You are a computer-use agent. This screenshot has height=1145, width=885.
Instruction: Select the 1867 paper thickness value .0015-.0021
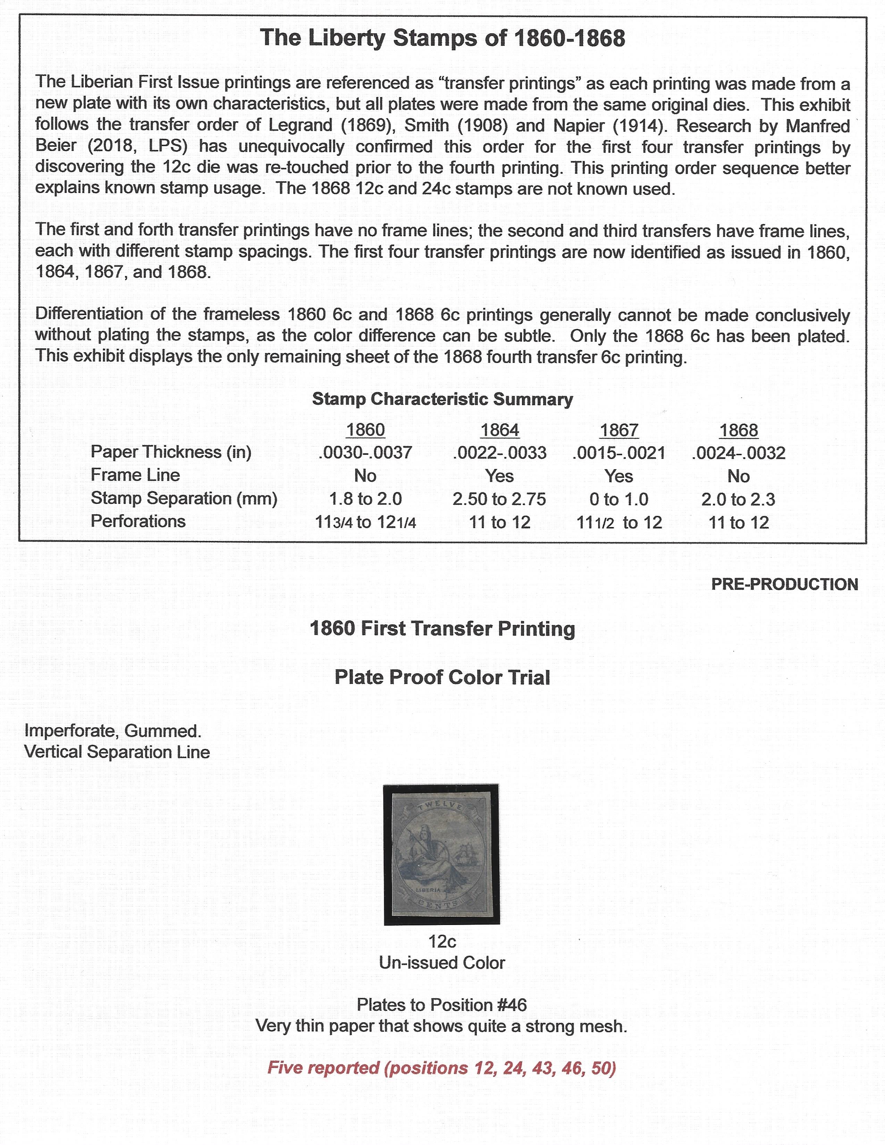pyautogui.click(x=619, y=453)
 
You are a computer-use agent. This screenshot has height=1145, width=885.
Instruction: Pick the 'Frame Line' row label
pyautogui.click(x=135, y=475)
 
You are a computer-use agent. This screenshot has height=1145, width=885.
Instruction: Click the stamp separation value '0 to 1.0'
pyautogui.click(x=619, y=499)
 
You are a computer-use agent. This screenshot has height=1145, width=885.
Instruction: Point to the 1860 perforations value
pyautogui.click(x=365, y=523)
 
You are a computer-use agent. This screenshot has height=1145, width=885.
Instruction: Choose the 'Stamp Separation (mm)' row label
pyautogui.click(x=184, y=498)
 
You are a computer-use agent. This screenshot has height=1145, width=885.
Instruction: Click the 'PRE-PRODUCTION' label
pyautogui.click(x=784, y=585)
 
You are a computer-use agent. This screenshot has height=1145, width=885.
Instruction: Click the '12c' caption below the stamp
pyautogui.click(x=442, y=942)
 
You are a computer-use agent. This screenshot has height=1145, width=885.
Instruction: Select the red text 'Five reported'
pyautogui.click(x=323, y=1068)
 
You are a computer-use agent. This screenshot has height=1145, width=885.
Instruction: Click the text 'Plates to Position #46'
pyautogui.click(x=442, y=1005)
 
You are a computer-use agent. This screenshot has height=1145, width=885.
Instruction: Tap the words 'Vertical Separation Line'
pyautogui.click(x=117, y=752)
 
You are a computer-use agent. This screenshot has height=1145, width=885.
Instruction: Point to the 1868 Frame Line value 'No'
pyautogui.click(x=738, y=476)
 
